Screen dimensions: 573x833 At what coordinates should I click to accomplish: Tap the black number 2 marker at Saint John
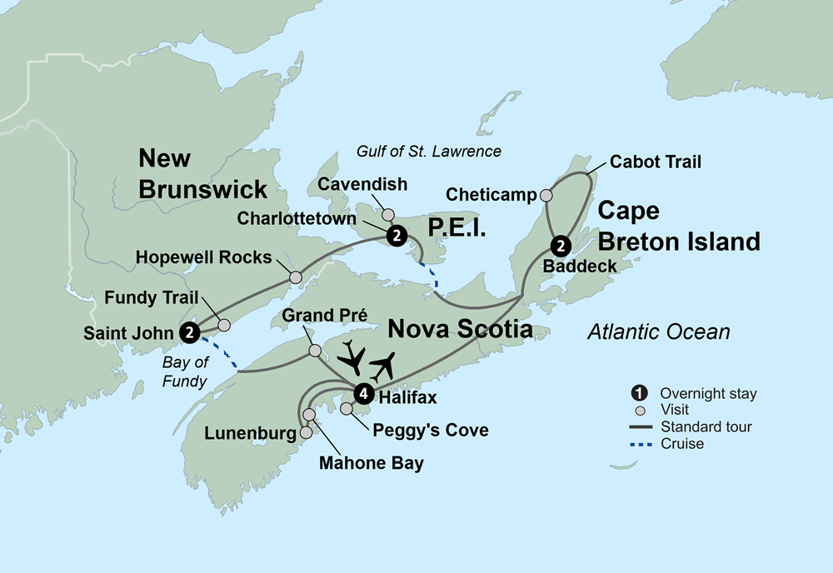[x=191, y=331]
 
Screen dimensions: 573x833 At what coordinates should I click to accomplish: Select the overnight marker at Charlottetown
[x=397, y=236]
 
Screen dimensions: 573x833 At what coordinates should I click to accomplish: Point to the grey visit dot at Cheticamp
[x=546, y=195]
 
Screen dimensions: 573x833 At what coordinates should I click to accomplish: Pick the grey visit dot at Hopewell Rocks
[x=295, y=277]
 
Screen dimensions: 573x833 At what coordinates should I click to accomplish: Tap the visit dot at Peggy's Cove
[x=347, y=409]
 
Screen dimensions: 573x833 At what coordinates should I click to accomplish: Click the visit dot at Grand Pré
[x=315, y=351]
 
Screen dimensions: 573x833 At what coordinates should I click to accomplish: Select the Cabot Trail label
[x=655, y=162]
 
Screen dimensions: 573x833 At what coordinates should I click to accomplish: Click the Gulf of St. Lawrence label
[x=429, y=151]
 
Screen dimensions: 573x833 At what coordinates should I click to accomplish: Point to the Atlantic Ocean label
[x=658, y=332]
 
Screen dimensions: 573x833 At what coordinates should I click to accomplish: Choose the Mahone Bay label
[x=371, y=463]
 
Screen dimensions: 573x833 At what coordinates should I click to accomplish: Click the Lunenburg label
[x=250, y=434]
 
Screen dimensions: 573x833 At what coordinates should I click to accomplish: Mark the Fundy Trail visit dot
[x=223, y=326]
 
